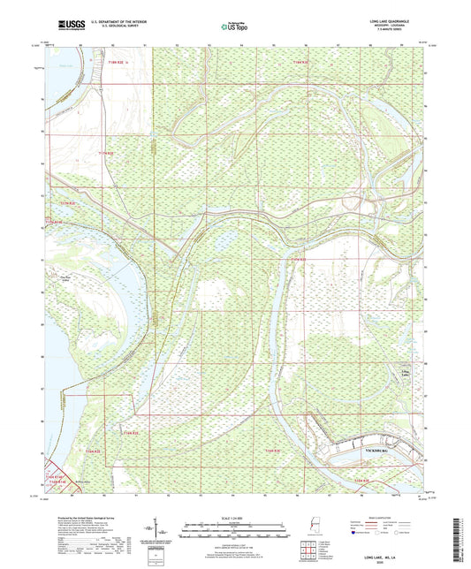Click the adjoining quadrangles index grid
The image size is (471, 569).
tap(307, 551)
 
